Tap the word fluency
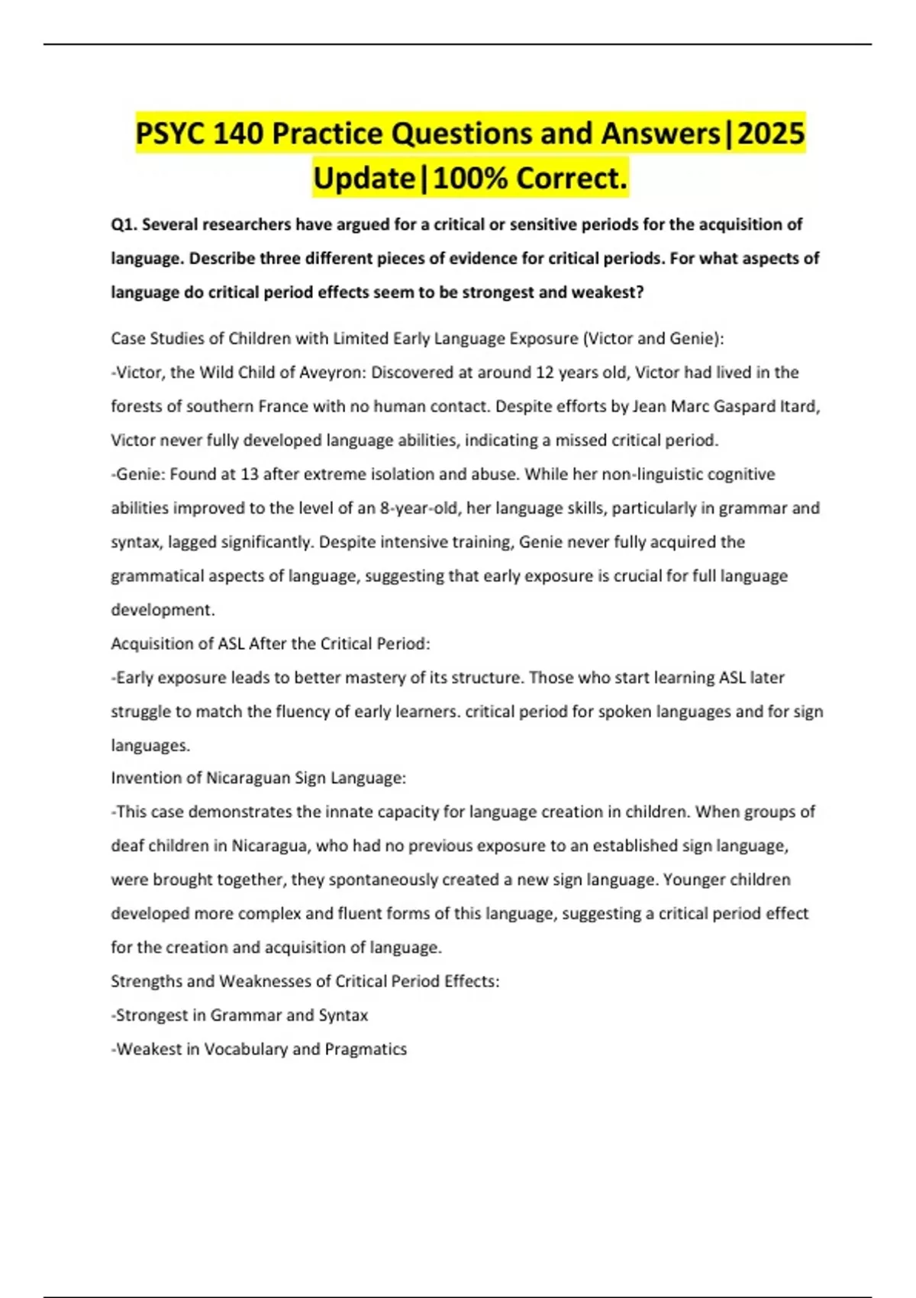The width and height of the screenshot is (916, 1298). (x=291, y=712)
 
